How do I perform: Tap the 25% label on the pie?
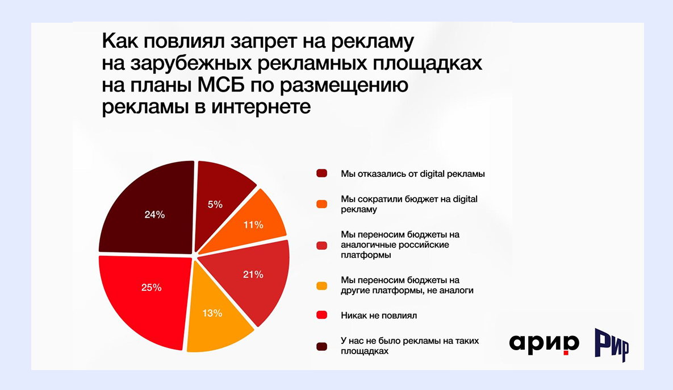pos(151,287)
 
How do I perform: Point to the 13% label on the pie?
pos(212,313)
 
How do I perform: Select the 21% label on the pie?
pos(253,275)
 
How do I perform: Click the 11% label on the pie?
pos(253,225)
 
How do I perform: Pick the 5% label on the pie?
pos(215,204)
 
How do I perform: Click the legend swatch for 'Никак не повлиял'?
pos(321,315)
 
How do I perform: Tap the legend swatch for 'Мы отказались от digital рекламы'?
pos(321,173)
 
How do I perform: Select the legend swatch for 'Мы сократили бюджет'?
pos(321,204)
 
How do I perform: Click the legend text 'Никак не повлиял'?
pos(375,315)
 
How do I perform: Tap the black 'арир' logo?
pos(544,343)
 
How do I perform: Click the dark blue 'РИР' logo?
pos(611,345)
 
